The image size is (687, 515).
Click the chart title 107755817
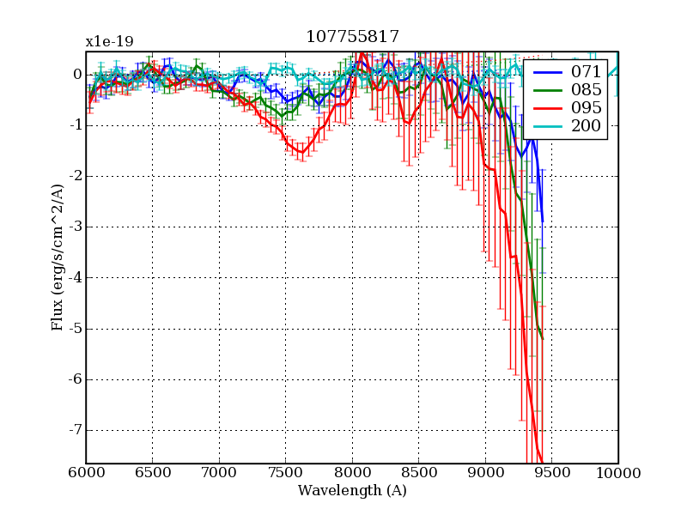[x=352, y=37]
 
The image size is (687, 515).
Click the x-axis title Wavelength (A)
[x=352, y=491]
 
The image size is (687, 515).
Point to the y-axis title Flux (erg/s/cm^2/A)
[x=58, y=257]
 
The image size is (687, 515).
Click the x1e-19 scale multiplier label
[x=109, y=41]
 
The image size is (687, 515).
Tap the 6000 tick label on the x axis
[x=86, y=473]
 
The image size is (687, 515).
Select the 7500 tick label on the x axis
[x=285, y=473]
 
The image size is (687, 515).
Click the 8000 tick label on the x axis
[x=352, y=473]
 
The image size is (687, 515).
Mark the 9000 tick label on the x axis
[x=485, y=473]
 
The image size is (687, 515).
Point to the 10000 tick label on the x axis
[x=617, y=473]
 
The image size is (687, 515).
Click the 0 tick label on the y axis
[x=76, y=75]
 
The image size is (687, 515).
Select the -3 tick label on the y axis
[x=74, y=227]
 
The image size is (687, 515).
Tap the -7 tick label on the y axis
[x=74, y=430]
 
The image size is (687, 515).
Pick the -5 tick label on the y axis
[x=74, y=329]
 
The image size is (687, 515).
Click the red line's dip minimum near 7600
[x=301, y=153]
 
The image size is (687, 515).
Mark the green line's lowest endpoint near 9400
[x=543, y=339]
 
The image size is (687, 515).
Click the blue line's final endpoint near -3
[x=542, y=221]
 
